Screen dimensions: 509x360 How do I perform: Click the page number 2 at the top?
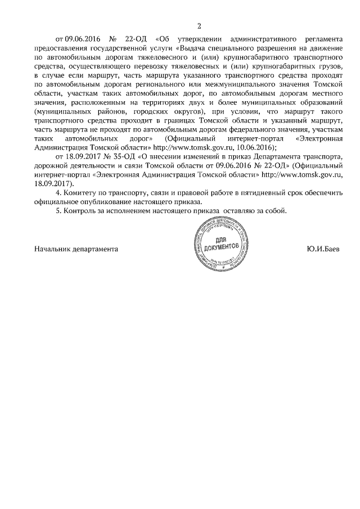pos(199,25)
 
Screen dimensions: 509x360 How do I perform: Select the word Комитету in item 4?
pos(86,193)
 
